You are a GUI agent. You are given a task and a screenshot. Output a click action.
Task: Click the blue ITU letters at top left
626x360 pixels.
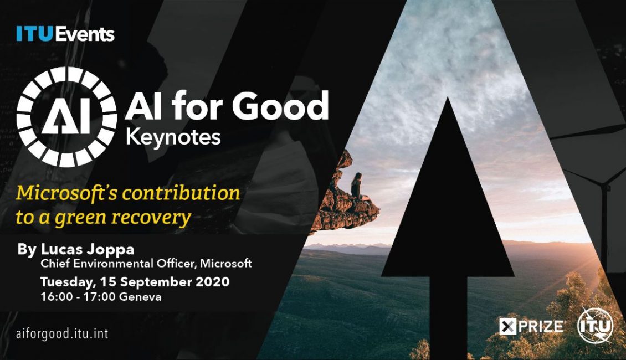[34, 34]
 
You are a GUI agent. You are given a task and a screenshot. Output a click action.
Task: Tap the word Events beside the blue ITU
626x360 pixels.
[85, 34]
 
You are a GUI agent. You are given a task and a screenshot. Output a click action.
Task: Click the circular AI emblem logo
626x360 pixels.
[66, 116]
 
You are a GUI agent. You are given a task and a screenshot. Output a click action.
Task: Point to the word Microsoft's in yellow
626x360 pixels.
[66, 193]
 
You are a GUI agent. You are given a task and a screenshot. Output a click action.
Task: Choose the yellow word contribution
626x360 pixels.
[181, 193]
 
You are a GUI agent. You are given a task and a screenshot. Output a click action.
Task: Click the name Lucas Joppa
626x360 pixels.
[88, 249]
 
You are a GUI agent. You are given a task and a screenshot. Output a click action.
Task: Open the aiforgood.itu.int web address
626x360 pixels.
[62, 333]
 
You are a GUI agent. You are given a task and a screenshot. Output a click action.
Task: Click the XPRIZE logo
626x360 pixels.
[531, 326]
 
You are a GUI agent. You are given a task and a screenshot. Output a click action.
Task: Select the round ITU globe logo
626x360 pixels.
[596, 326]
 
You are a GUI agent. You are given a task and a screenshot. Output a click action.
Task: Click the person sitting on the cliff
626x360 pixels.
[357, 186]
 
